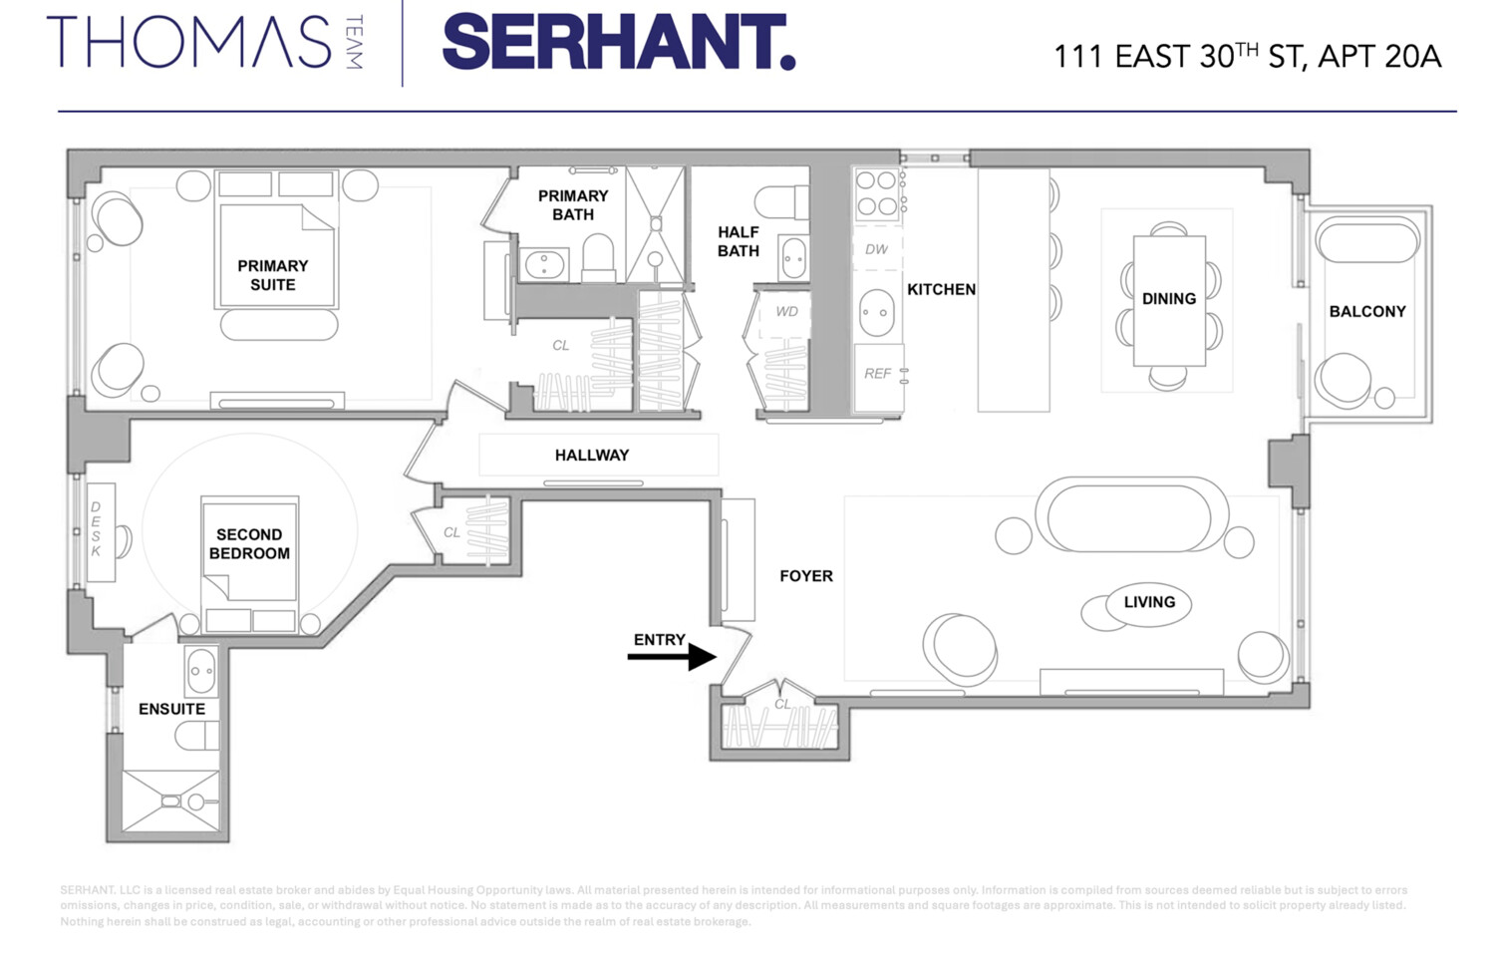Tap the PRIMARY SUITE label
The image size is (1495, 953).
pyautogui.click(x=272, y=275)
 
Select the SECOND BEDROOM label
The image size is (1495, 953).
pyautogui.click(x=249, y=544)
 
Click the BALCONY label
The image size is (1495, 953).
pyautogui.click(x=1367, y=311)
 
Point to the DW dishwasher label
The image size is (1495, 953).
pyautogui.click(x=876, y=249)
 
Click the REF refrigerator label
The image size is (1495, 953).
pyautogui.click(x=877, y=374)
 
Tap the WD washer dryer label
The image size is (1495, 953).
pyautogui.click(x=786, y=312)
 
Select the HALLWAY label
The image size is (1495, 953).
pyautogui.click(x=592, y=455)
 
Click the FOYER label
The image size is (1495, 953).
pyautogui.click(x=805, y=576)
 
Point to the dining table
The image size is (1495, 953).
pyautogui.click(x=1169, y=300)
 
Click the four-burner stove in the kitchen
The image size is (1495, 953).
pyautogui.click(x=876, y=193)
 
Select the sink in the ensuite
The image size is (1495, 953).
pyautogui.click(x=201, y=671)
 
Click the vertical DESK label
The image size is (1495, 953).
pyautogui.click(x=97, y=529)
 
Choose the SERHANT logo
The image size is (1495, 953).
pyautogui.click(x=618, y=44)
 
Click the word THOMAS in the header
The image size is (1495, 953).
pyautogui.click(x=188, y=43)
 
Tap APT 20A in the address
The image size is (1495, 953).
pyautogui.click(x=1379, y=57)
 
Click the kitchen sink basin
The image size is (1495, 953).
pyautogui.click(x=877, y=313)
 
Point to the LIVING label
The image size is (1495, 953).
pyautogui.click(x=1149, y=602)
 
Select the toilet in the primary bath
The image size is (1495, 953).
pyautogui.click(x=598, y=256)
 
